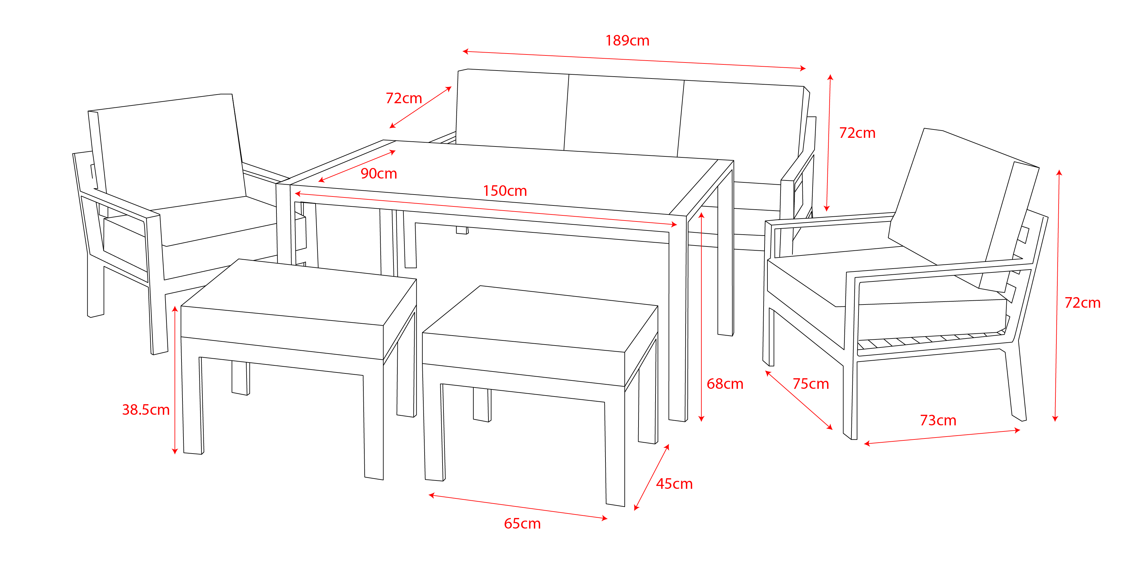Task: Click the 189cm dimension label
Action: (x=627, y=41)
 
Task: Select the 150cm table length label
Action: (x=505, y=191)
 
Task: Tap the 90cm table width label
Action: (x=379, y=174)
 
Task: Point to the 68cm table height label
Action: (x=725, y=384)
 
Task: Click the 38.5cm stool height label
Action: (x=146, y=410)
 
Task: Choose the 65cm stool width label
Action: (x=522, y=524)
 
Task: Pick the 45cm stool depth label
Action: (x=674, y=484)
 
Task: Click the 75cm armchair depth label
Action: (x=811, y=384)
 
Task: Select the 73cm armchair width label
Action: (x=938, y=420)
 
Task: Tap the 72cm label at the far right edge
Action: (x=1083, y=303)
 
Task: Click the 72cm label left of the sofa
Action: (x=403, y=98)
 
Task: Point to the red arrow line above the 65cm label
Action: (x=518, y=507)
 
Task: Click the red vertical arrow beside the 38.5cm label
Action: (x=175, y=380)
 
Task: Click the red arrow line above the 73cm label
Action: (x=942, y=437)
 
